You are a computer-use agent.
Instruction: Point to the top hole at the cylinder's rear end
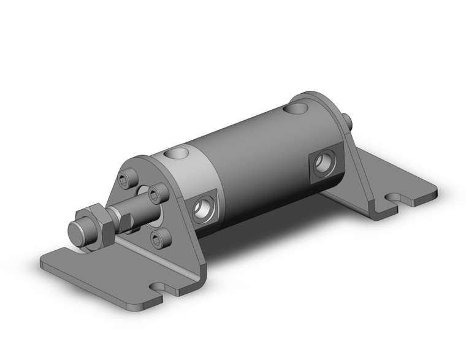(297, 109)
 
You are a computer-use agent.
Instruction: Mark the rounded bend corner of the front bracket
(199, 276)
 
